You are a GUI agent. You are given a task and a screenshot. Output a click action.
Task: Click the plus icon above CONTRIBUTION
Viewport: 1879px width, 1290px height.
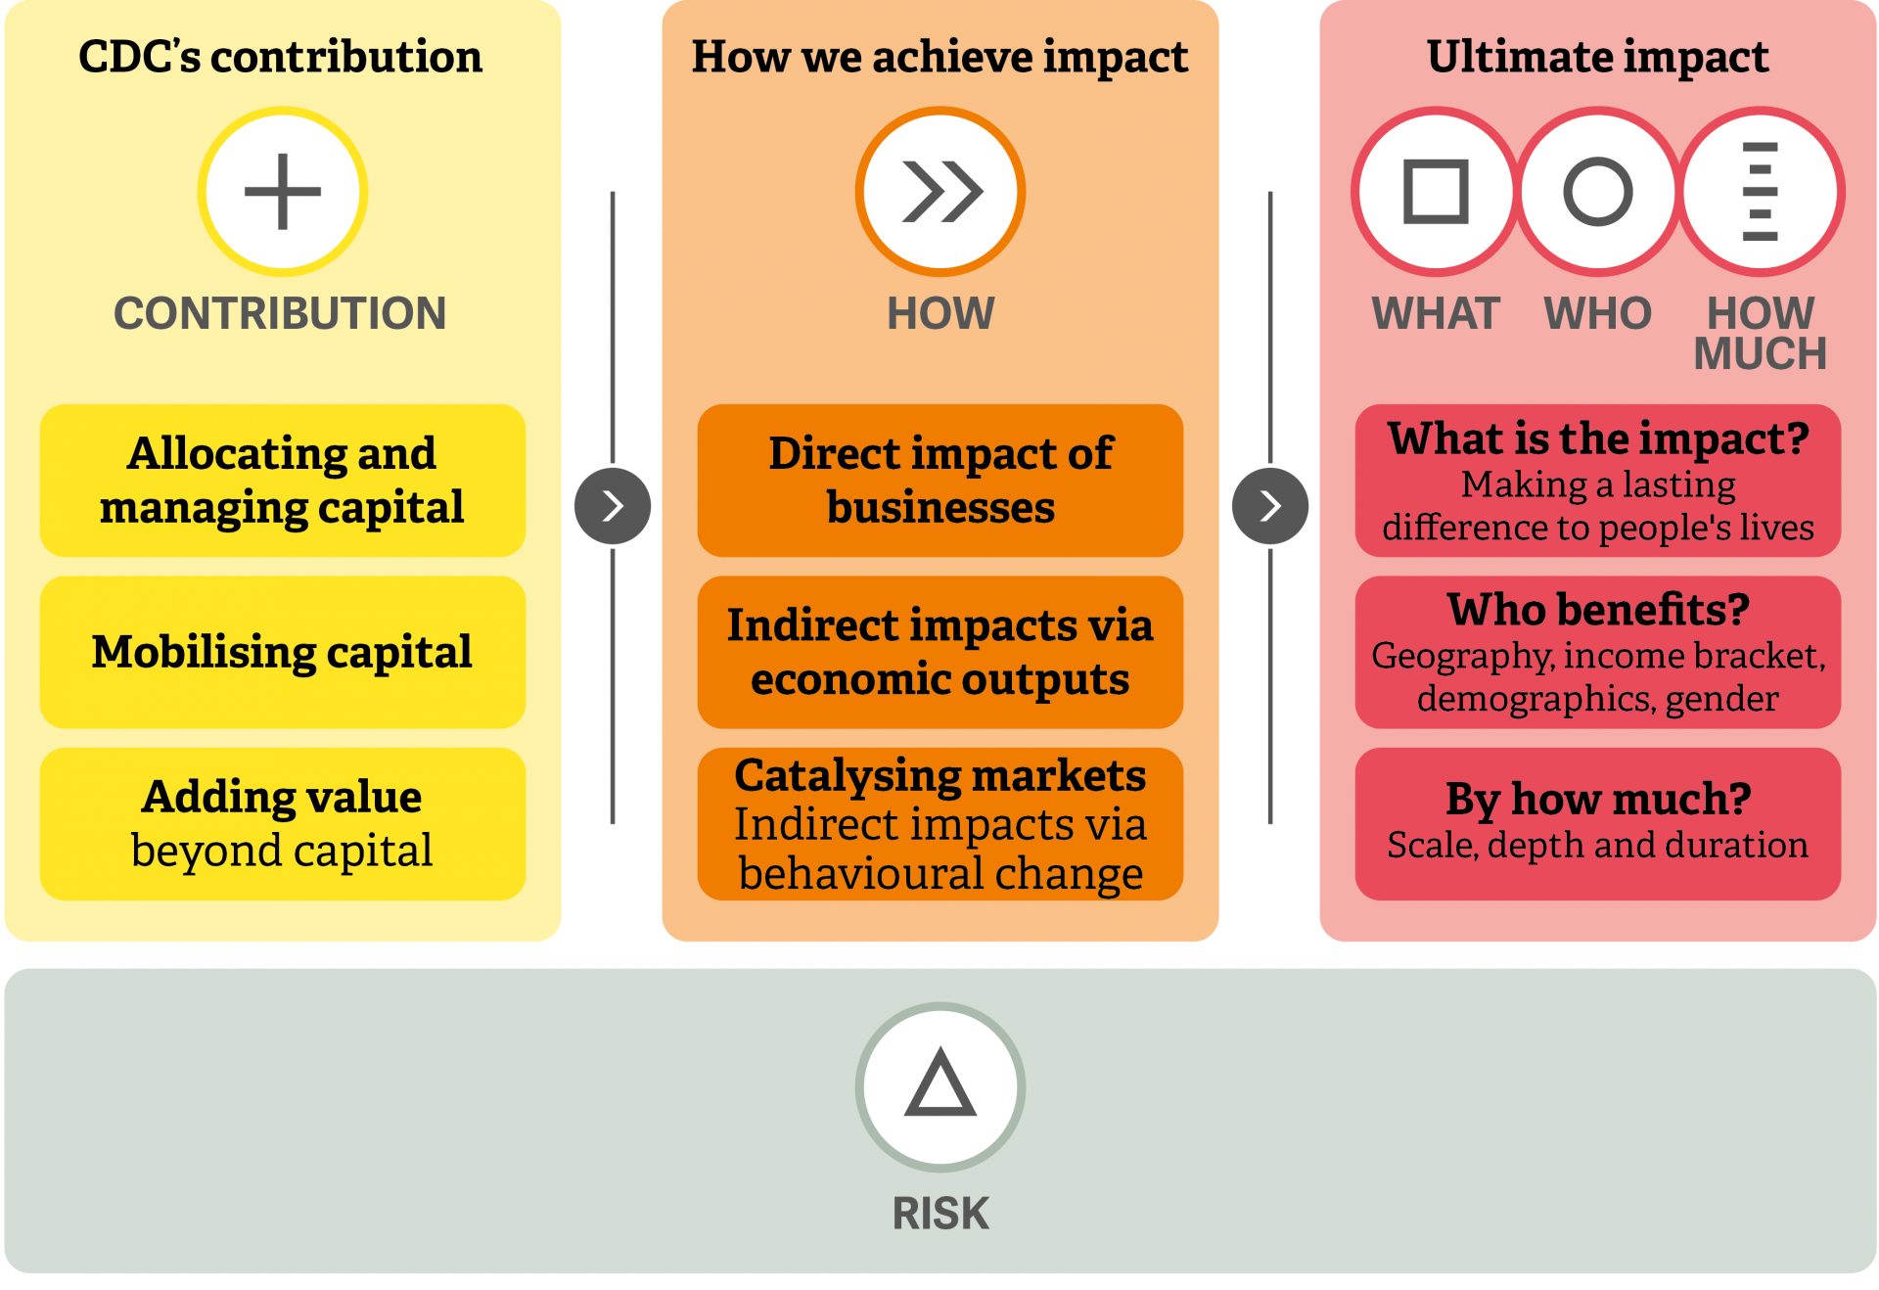(282, 192)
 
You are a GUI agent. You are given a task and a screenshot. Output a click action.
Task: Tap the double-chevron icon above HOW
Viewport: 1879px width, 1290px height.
(941, 192)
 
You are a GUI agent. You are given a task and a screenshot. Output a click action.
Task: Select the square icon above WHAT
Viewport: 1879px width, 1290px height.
(1436, 192)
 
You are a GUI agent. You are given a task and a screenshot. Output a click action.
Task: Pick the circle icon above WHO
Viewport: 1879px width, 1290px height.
(1597, 192)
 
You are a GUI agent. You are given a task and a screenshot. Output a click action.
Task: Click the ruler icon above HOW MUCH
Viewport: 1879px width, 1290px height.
(1760, 192)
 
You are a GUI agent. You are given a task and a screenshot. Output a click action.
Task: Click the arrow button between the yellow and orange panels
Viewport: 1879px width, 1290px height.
(613, 506)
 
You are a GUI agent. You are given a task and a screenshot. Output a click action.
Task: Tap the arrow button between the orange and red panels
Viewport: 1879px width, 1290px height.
(1270, 506)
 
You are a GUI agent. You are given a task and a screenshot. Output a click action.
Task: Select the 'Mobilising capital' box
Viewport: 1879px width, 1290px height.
(283, 652)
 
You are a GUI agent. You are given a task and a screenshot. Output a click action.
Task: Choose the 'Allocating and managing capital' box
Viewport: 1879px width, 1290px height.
(283, 481)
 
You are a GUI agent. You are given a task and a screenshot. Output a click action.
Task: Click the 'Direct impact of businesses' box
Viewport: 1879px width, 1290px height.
(940, 481)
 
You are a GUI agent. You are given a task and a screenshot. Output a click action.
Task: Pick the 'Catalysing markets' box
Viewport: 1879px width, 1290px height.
(940, 824)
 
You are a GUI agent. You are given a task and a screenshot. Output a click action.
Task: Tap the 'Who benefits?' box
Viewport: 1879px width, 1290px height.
(1598, 652)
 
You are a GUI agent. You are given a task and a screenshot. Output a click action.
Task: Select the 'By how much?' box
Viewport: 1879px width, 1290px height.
(1598, 824)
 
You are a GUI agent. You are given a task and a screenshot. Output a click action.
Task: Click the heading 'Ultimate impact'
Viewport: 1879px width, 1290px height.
(1598, 57)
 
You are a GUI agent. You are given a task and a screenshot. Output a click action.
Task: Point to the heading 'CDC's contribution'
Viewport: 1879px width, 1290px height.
(281, 57)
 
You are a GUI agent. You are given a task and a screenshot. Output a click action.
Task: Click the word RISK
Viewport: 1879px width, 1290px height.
(940, 1214)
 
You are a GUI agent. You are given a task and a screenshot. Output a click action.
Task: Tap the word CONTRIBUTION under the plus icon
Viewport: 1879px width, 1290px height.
(280, 313)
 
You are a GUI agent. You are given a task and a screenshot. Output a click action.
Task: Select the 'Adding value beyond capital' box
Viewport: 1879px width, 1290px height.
(283, 824)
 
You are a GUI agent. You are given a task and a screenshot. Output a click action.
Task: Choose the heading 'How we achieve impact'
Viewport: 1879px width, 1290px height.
(940, 57)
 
